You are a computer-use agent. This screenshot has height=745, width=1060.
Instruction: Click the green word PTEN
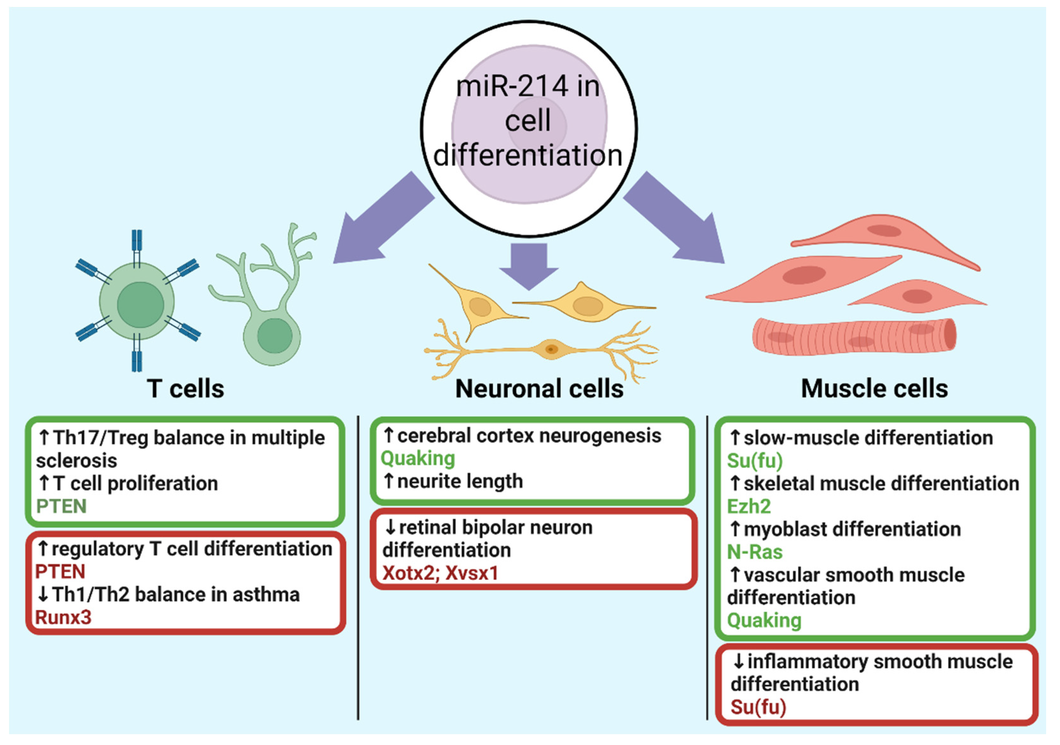coord(61,506)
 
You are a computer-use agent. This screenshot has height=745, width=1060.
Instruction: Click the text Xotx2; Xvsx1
coord(440,573)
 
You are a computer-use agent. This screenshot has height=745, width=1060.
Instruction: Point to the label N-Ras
coord(754,552)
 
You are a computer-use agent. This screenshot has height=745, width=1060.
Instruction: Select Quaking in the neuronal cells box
coord(417,459)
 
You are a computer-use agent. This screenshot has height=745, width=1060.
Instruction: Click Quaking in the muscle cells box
coord(764,620)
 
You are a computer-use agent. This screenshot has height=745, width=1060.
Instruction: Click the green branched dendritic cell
coord(272,319)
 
